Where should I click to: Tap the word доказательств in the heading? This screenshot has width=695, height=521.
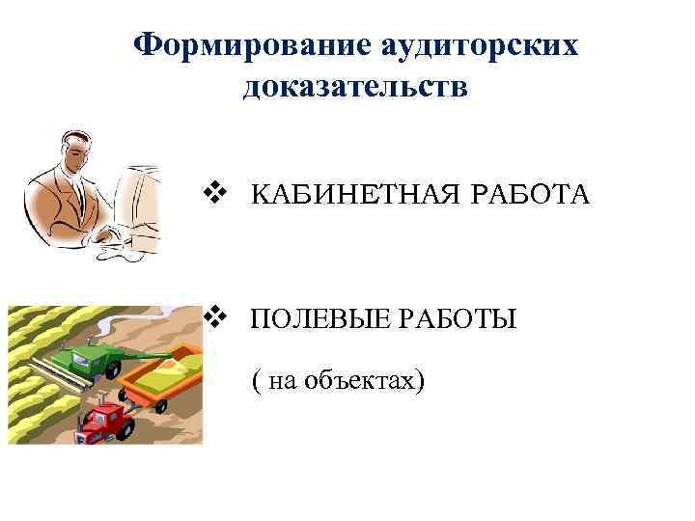(356, 88)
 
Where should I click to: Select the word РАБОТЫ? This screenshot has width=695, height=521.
(472, 319)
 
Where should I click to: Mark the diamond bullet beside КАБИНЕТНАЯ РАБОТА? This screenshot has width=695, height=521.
(216, 192)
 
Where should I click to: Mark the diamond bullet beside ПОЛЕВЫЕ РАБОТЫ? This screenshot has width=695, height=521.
(216, 315)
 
